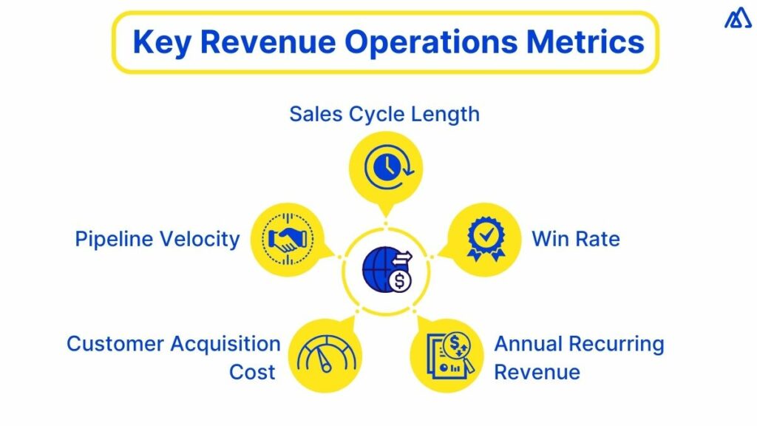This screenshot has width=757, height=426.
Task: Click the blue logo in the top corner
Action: [737, 18]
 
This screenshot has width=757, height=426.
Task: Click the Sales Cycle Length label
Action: [384, 114]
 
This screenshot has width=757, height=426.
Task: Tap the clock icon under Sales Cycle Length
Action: [385, 168]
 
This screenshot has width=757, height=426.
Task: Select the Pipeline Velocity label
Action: [157, 239]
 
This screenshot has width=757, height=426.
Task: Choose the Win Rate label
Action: [575, 239]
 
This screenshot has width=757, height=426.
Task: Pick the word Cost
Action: [252, 371]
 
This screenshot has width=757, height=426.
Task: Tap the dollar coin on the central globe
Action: [400, 282]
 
